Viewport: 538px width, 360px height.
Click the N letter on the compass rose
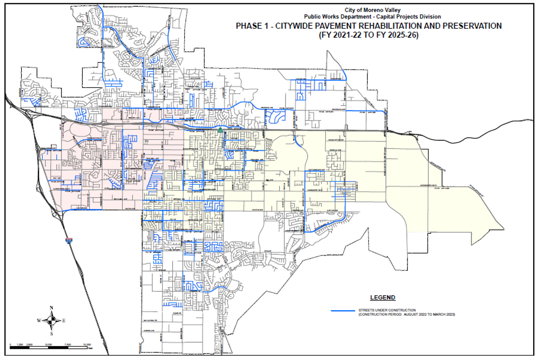[51, 308]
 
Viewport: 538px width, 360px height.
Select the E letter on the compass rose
[63, 320]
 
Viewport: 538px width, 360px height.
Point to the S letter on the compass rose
[51, 333]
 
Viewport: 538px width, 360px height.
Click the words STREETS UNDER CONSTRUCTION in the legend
[386, 310]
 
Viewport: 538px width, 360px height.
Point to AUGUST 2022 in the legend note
[408, 314]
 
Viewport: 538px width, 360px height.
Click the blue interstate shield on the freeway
[69, 239]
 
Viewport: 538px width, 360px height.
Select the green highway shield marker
[220, 130]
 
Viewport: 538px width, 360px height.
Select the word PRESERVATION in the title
[472, 26]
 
